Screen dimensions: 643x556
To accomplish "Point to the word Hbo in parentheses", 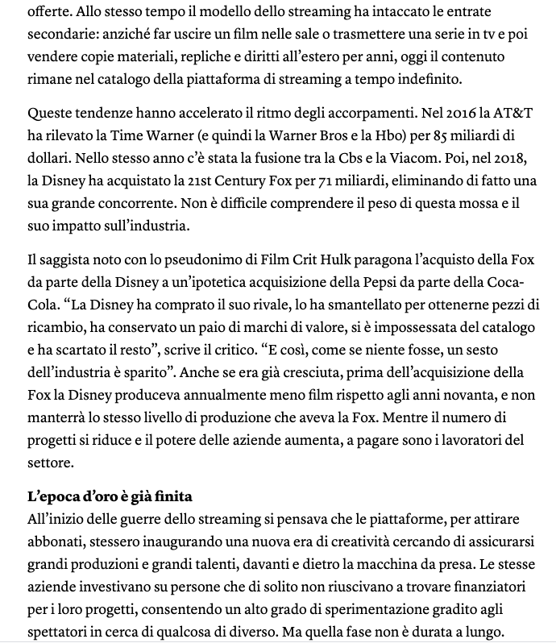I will click(x=358, y=132).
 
